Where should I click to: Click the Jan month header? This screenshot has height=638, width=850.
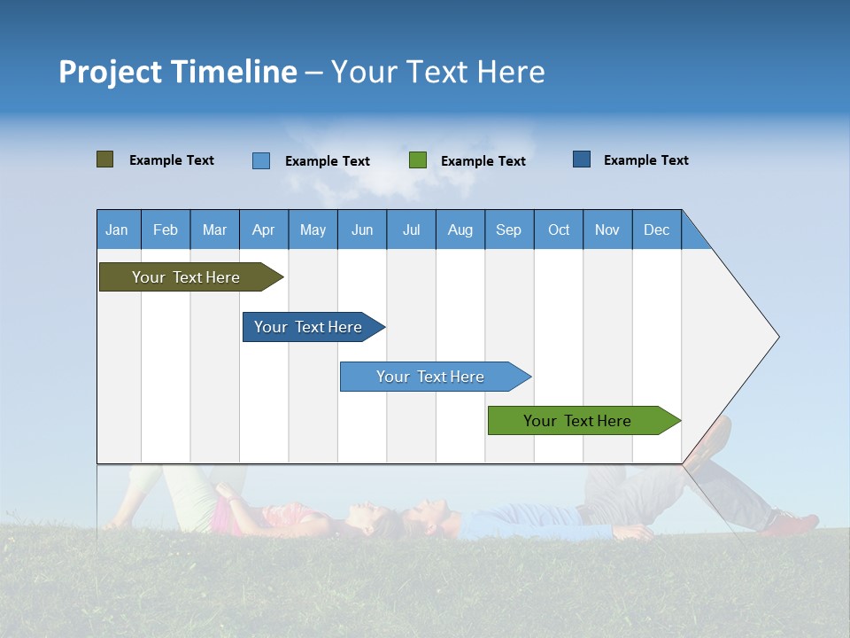(x=117, y=230)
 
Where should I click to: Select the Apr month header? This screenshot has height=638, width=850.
(x=263, y=230)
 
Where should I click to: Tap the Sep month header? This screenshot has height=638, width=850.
(x=508, y=230)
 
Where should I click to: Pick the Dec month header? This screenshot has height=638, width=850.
(x=656, y=230)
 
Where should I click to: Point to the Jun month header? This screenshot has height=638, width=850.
(x=361, y=230)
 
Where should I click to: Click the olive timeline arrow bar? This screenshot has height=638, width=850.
(x=187, y=277)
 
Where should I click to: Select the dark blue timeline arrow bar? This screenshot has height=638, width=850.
(x=309, y=327)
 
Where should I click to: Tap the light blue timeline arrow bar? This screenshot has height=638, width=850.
(x=430, y=377)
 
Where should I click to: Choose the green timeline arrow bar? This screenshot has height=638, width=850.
(x=578, y=421)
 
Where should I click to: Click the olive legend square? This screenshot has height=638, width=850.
(x=104, y=159)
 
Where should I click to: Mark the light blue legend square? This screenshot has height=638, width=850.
(x=260, y=160)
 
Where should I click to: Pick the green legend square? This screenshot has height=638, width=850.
(x=417, y=160)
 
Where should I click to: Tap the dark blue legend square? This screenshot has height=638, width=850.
(x=581, y=159)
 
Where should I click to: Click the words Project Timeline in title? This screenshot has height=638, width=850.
(x=177, y=72)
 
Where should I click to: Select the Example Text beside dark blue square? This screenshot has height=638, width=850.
(x=645, y=160)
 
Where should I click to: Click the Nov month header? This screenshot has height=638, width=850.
(x=607, y=230)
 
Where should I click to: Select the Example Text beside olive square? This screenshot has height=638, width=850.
(x=171, y=160)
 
